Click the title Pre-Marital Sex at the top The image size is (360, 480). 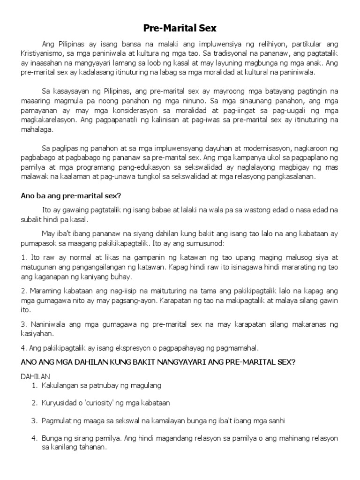pyautogui.click(x=180, y=29)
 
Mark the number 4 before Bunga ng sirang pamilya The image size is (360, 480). pyautogui.click(x=34, y=438)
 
